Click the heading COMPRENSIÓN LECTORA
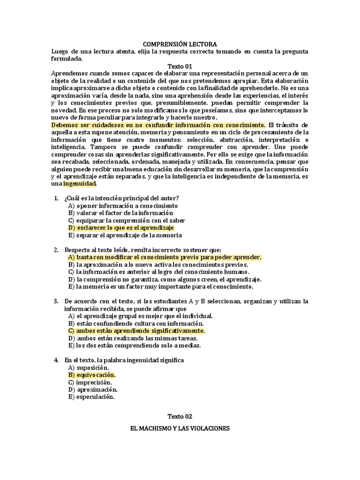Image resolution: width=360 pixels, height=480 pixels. tap(180, 44)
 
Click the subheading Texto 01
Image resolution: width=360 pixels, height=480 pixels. tap(180, 67)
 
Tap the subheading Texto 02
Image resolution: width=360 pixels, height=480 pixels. tap(180, 416)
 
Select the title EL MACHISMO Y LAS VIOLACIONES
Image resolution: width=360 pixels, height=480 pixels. tap(180, 428)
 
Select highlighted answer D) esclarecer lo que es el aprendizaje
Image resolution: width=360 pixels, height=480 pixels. tap(121, 228)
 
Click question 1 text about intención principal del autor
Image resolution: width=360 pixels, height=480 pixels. tap(122, 198)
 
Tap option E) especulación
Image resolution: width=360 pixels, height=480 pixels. tap(91, 397)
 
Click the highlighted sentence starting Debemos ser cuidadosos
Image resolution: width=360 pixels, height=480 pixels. tap(158, 125)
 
